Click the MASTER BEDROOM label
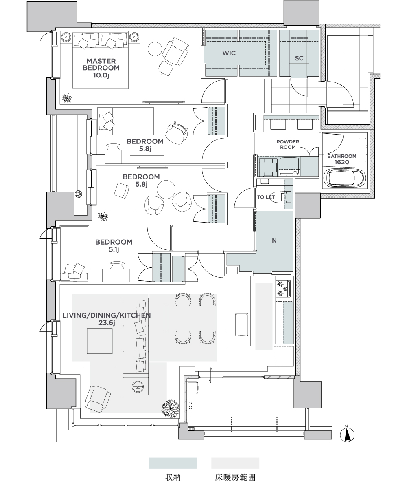[x=101, y=68]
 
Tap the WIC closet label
[x=229, y=53]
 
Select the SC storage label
[x=299, y=58]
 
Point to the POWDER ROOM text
[x=288, y=144]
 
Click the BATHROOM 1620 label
[x=341, y=159]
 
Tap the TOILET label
[x=266, y=197]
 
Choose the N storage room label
[x=274, y=240]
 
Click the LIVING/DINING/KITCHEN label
[x=107, y=319]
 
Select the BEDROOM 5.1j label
[x=114, y=245]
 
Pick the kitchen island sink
[x=242, y=324]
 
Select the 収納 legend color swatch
[x=173, y=463]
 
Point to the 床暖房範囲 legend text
[x=235, y=477]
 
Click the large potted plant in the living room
[x=171, y=409]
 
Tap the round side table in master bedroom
[x=155, y=49]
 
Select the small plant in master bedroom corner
[x=67, y=98]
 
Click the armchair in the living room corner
[x=98, y=399]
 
